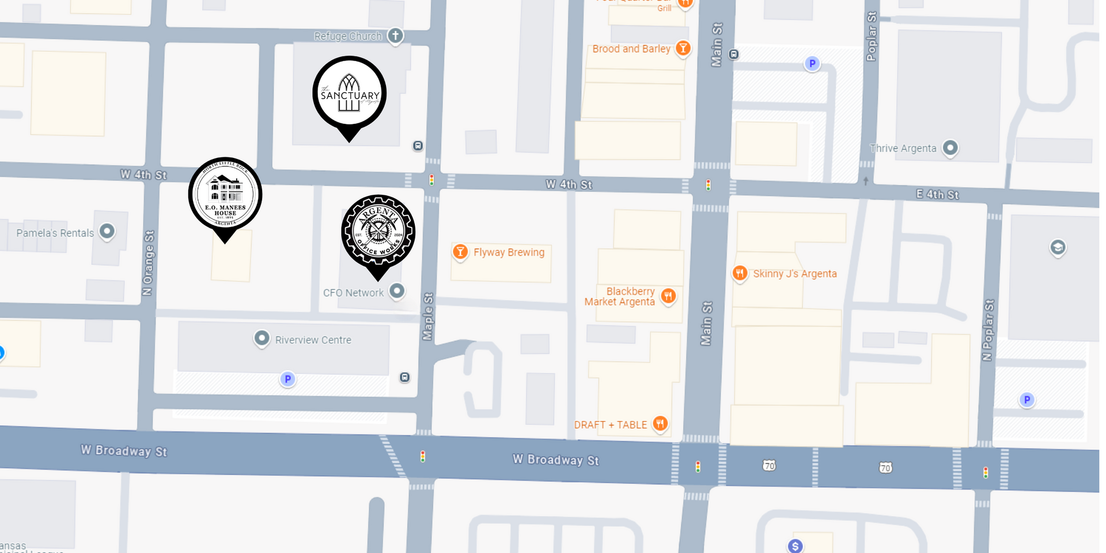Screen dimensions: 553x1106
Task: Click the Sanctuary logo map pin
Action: point(349,93)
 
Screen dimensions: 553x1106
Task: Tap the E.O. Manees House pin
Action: point(225,195)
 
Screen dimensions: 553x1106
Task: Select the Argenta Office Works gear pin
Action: point(378,232)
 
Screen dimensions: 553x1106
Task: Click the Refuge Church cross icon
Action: point(395,36)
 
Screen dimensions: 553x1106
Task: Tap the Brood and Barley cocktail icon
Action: point(683,48)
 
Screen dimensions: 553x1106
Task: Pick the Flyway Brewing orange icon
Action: point(460,252)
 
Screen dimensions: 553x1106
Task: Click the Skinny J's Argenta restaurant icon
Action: point(740,273)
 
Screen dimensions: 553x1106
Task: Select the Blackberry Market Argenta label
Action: point(620,296)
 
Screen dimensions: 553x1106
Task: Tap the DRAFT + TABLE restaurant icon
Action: point(660,425)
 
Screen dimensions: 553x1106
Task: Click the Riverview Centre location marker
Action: point(262,339)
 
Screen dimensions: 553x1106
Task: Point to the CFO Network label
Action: point(353,293)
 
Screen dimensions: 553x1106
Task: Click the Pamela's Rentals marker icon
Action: point(107,232)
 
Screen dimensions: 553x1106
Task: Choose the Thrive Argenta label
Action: point(903,148)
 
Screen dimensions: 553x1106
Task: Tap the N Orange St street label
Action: point(149,263)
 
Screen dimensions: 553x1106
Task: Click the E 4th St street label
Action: point(937,195)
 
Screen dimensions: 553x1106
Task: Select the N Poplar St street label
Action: point(988,330)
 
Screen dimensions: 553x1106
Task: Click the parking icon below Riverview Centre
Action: point(287,379)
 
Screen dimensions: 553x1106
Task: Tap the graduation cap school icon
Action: point(1058,248)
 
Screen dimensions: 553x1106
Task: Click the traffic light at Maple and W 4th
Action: point(431,180)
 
